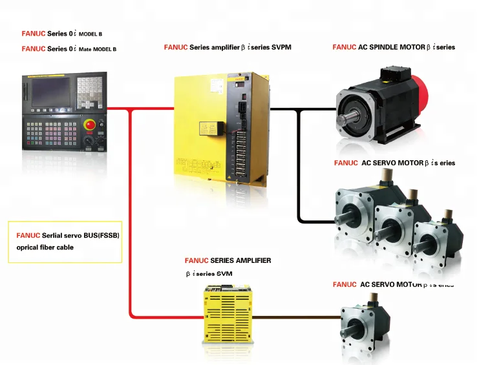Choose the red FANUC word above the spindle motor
(344, 47)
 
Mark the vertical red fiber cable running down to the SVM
(131, 213)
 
